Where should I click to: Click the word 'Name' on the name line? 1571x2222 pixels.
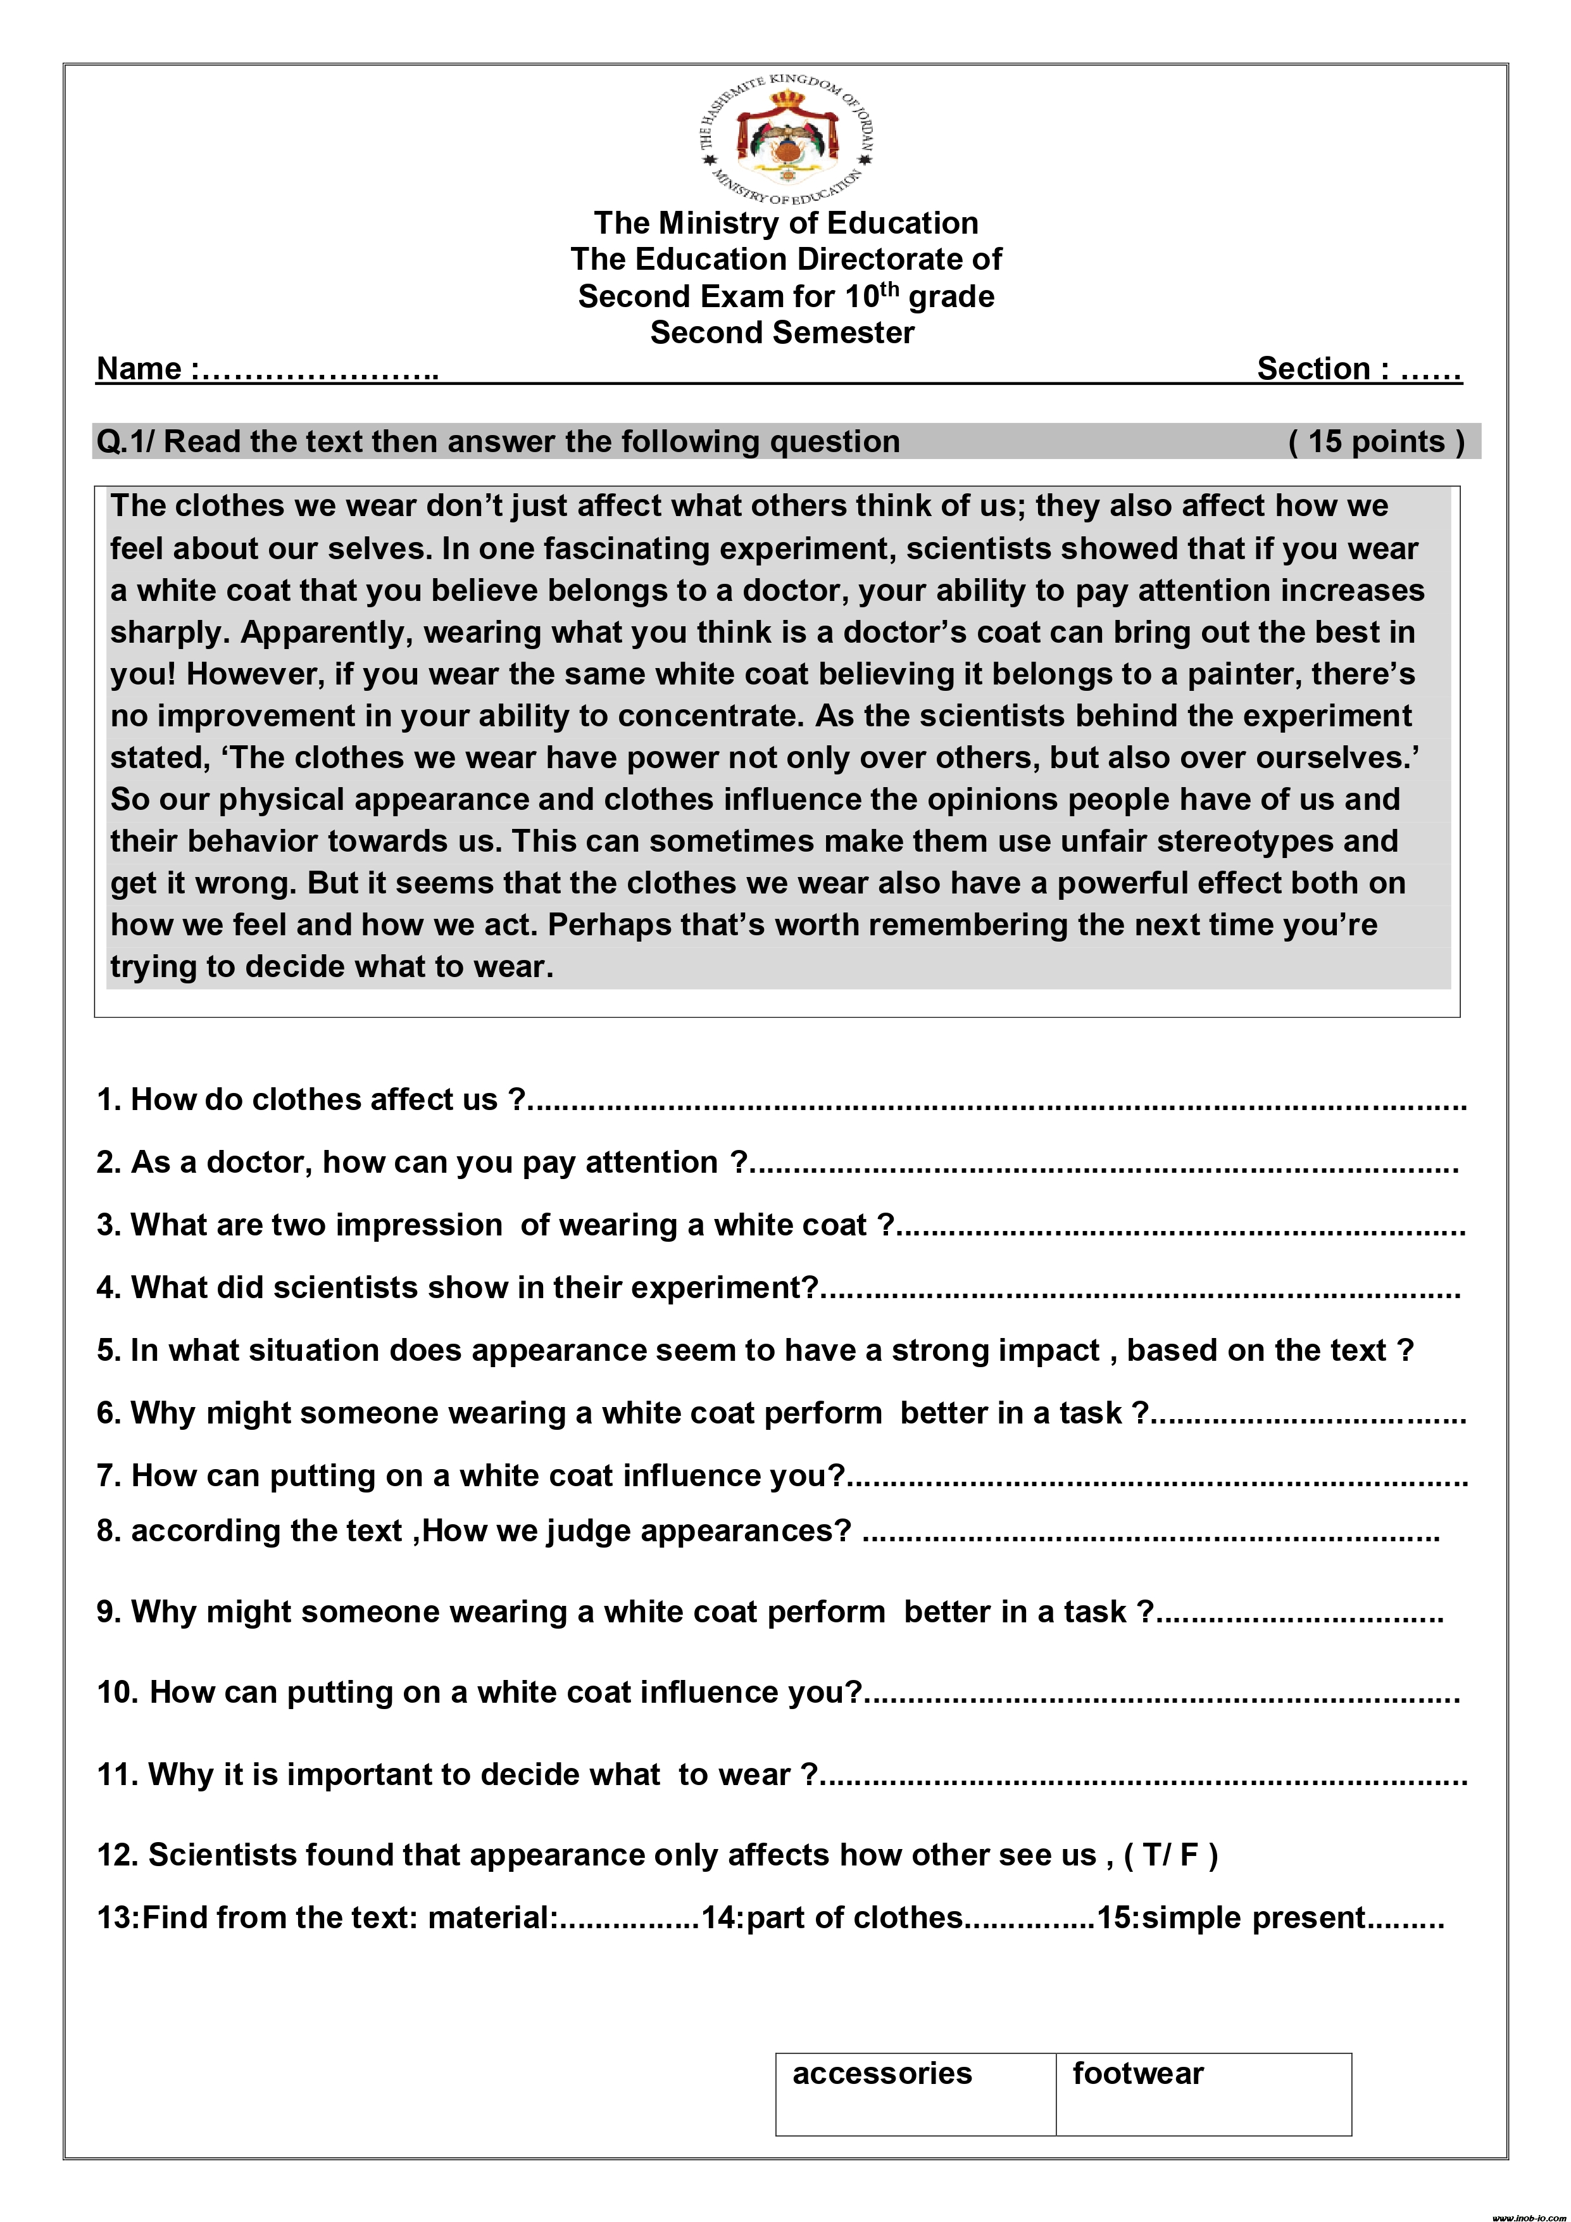tap(139, 369)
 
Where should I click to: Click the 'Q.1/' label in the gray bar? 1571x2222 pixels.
tap(126, 441)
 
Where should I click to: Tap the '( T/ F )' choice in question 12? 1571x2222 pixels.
tap(1170, 1854)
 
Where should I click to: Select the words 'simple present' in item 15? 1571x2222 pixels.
tap(1253, 1917)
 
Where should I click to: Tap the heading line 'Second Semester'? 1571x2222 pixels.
tap(782, 332)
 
